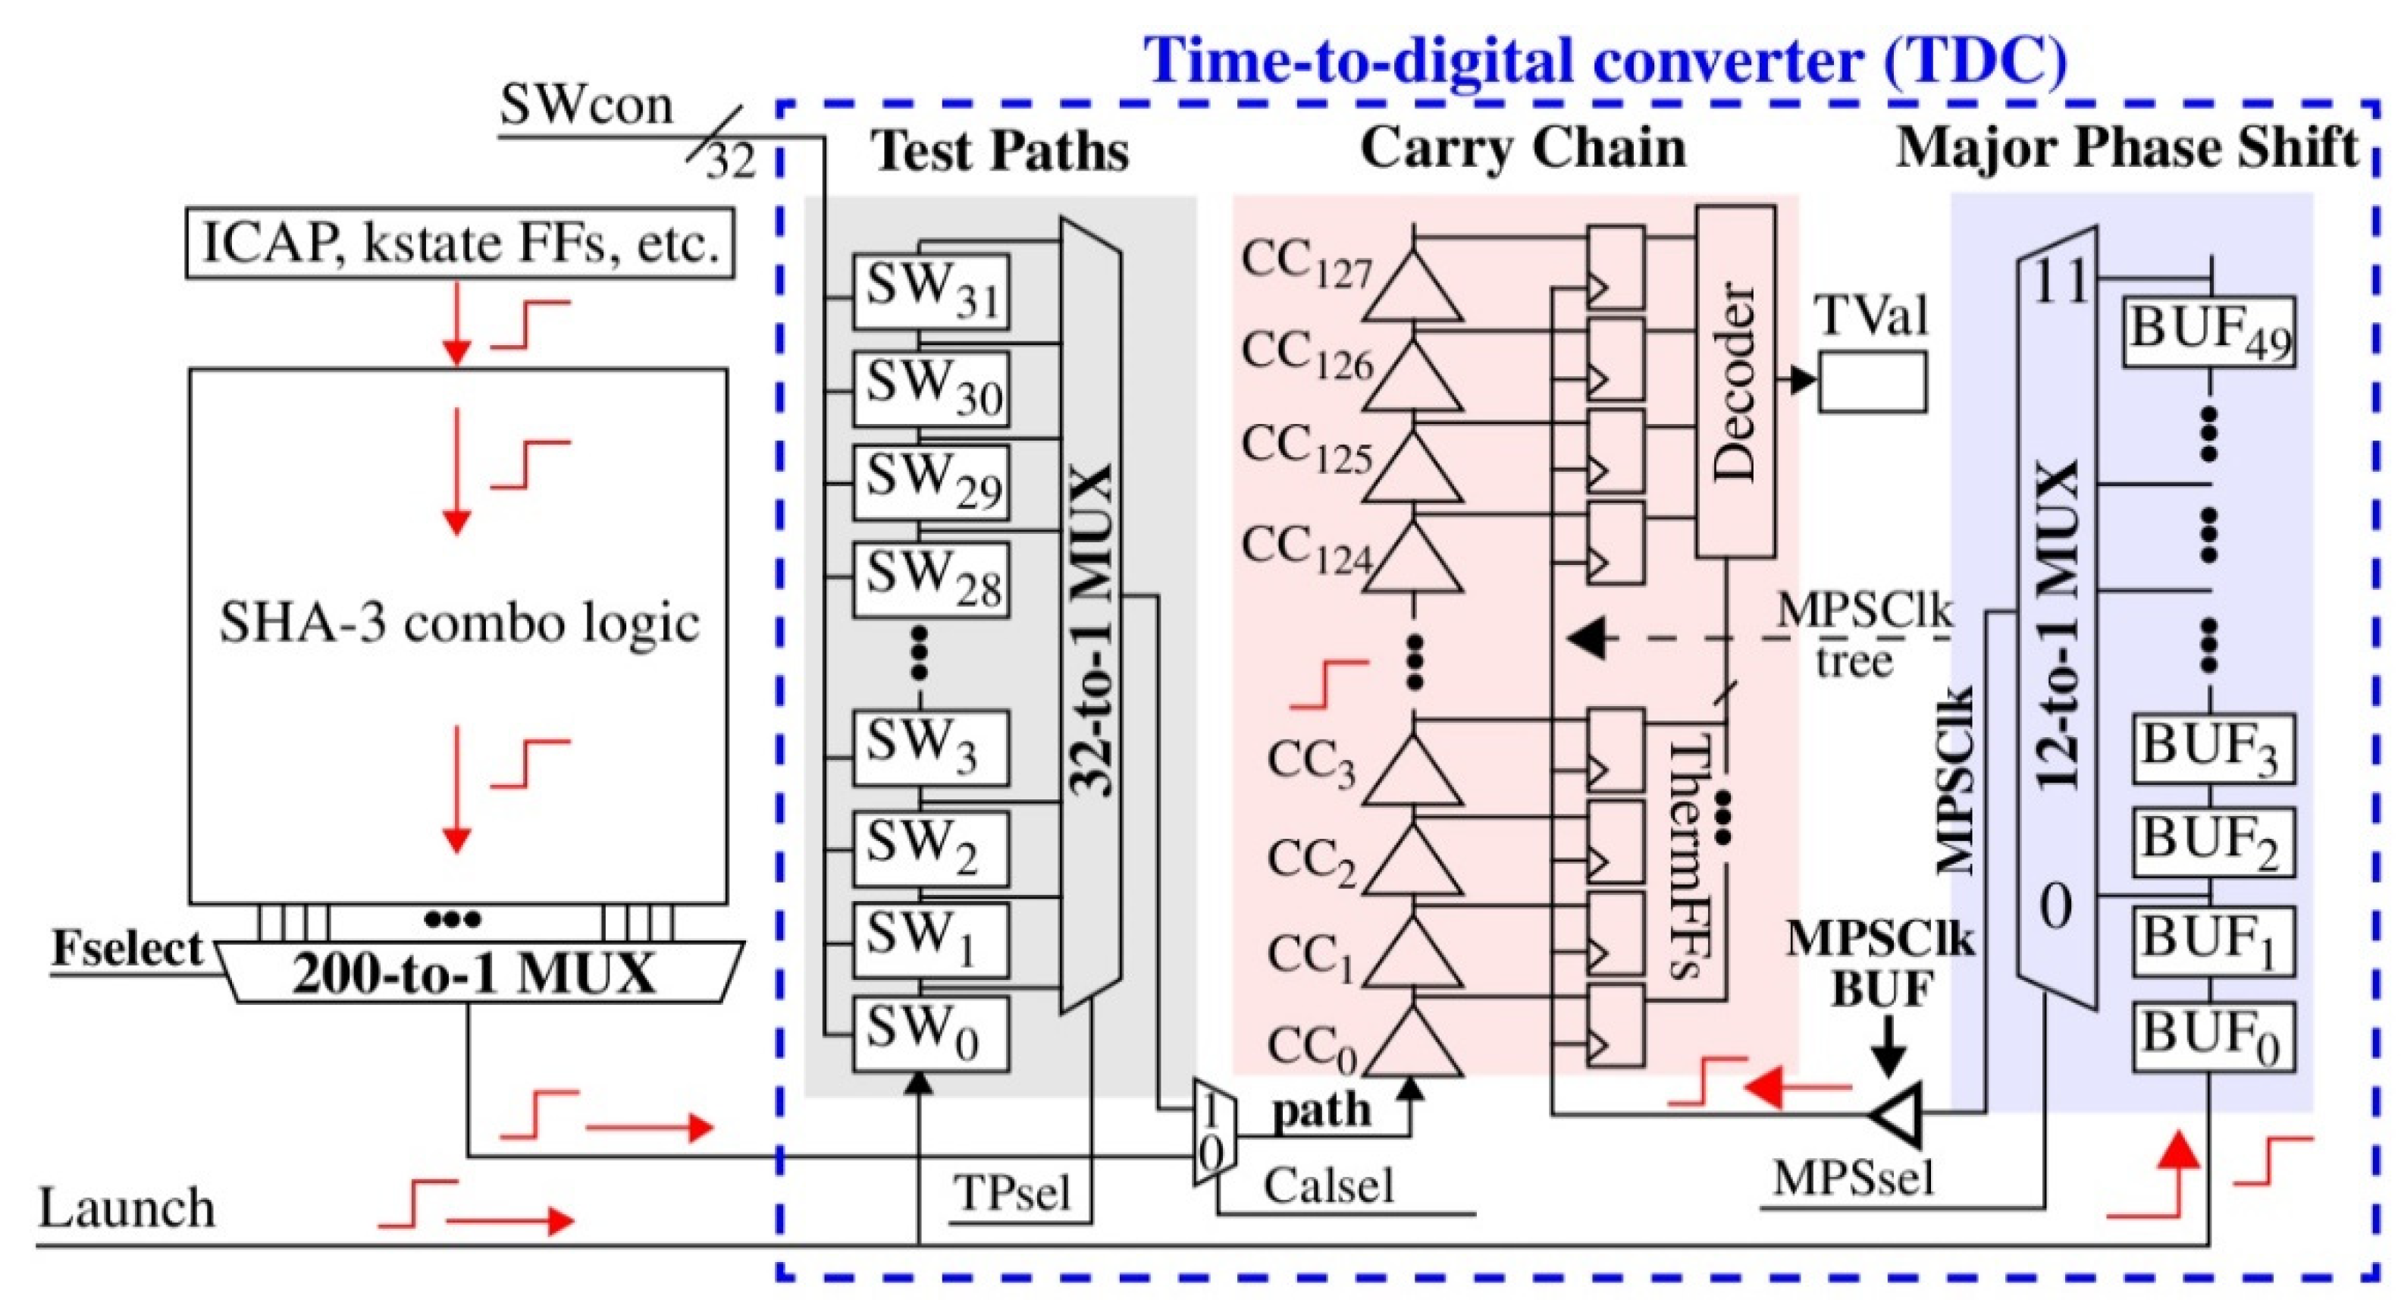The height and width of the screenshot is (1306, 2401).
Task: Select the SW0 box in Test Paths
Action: pyautogui.click(x=930, y=1033)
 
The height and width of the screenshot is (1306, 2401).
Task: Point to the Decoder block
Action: pyautogui.click(x=1735, y=382)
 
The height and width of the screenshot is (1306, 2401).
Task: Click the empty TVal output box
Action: pyautogui.click(x=1872, y=381)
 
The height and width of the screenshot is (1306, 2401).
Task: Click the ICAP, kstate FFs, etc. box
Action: pyautogui.click(x=459, y=245)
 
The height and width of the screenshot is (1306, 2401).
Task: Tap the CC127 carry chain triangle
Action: pyautogui.click(x=1413, y=285)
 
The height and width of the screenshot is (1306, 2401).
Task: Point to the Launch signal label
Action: pyautogui.click(x=127, y=1207)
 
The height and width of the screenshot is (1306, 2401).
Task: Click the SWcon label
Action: pyautogui.click(x=586, y=105)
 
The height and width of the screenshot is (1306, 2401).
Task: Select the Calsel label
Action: pyautogui.click(x=1328, y=1185)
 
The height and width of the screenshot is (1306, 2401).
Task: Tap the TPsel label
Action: pyautogui.click(x=1011, y=1193)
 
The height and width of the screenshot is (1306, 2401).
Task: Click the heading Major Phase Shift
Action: pyautogui.click(x=2126, y=148)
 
